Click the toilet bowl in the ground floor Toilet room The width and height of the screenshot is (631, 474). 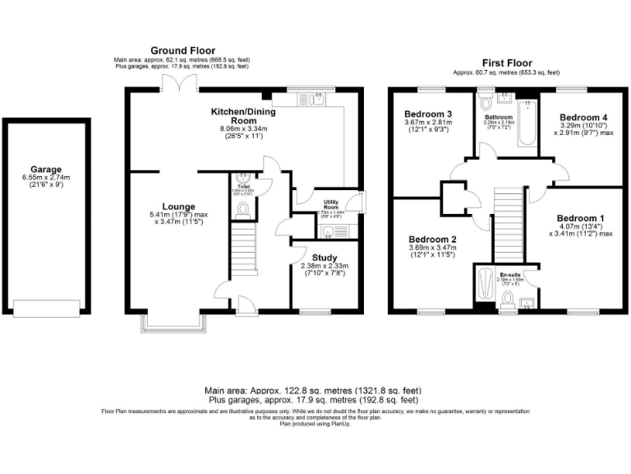point(242,209)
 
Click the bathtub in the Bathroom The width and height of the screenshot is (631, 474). point(524,123)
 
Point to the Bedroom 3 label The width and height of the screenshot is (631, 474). point(427,114)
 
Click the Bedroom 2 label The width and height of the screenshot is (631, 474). point(432,238)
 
